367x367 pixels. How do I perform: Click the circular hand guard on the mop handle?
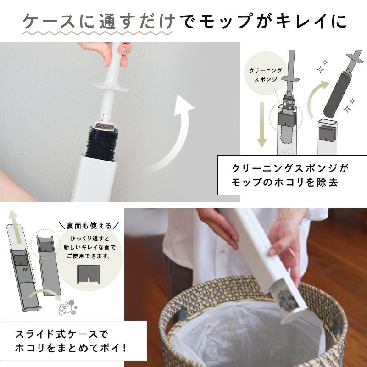click(x=111, y=86)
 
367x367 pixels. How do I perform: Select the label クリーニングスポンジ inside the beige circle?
click(x=266, y=75)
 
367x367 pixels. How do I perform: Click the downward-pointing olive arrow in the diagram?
click(x=262, y=124)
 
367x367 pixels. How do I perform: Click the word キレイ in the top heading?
click(x=302, y=21)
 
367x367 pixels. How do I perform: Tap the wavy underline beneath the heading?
click(x=98, y=33)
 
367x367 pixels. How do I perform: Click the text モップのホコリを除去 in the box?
click(x=285, y=183)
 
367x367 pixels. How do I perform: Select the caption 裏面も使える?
click(x=89, y=226)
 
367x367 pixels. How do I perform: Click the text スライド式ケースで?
click(x=61, y=334)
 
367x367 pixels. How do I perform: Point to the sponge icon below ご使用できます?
click(x=88, y=274)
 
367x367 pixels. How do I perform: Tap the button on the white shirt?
click(x=223, y=251)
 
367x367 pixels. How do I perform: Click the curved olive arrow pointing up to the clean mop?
click(x=315, y=98)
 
